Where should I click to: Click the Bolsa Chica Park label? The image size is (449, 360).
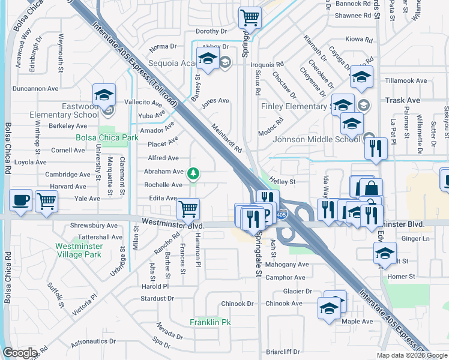(107, 137)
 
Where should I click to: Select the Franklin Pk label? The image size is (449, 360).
(210, 322)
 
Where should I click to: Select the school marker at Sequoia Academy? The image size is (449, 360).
(208, 59)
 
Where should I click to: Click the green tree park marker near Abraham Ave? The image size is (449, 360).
(193, 174)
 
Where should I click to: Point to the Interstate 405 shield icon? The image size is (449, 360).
(283, 214)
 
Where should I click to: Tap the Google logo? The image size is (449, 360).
(20, 353)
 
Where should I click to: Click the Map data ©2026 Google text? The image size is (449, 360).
(412, 355)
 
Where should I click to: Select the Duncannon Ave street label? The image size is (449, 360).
(35, 88)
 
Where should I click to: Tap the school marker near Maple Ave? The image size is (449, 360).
(329, 308)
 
